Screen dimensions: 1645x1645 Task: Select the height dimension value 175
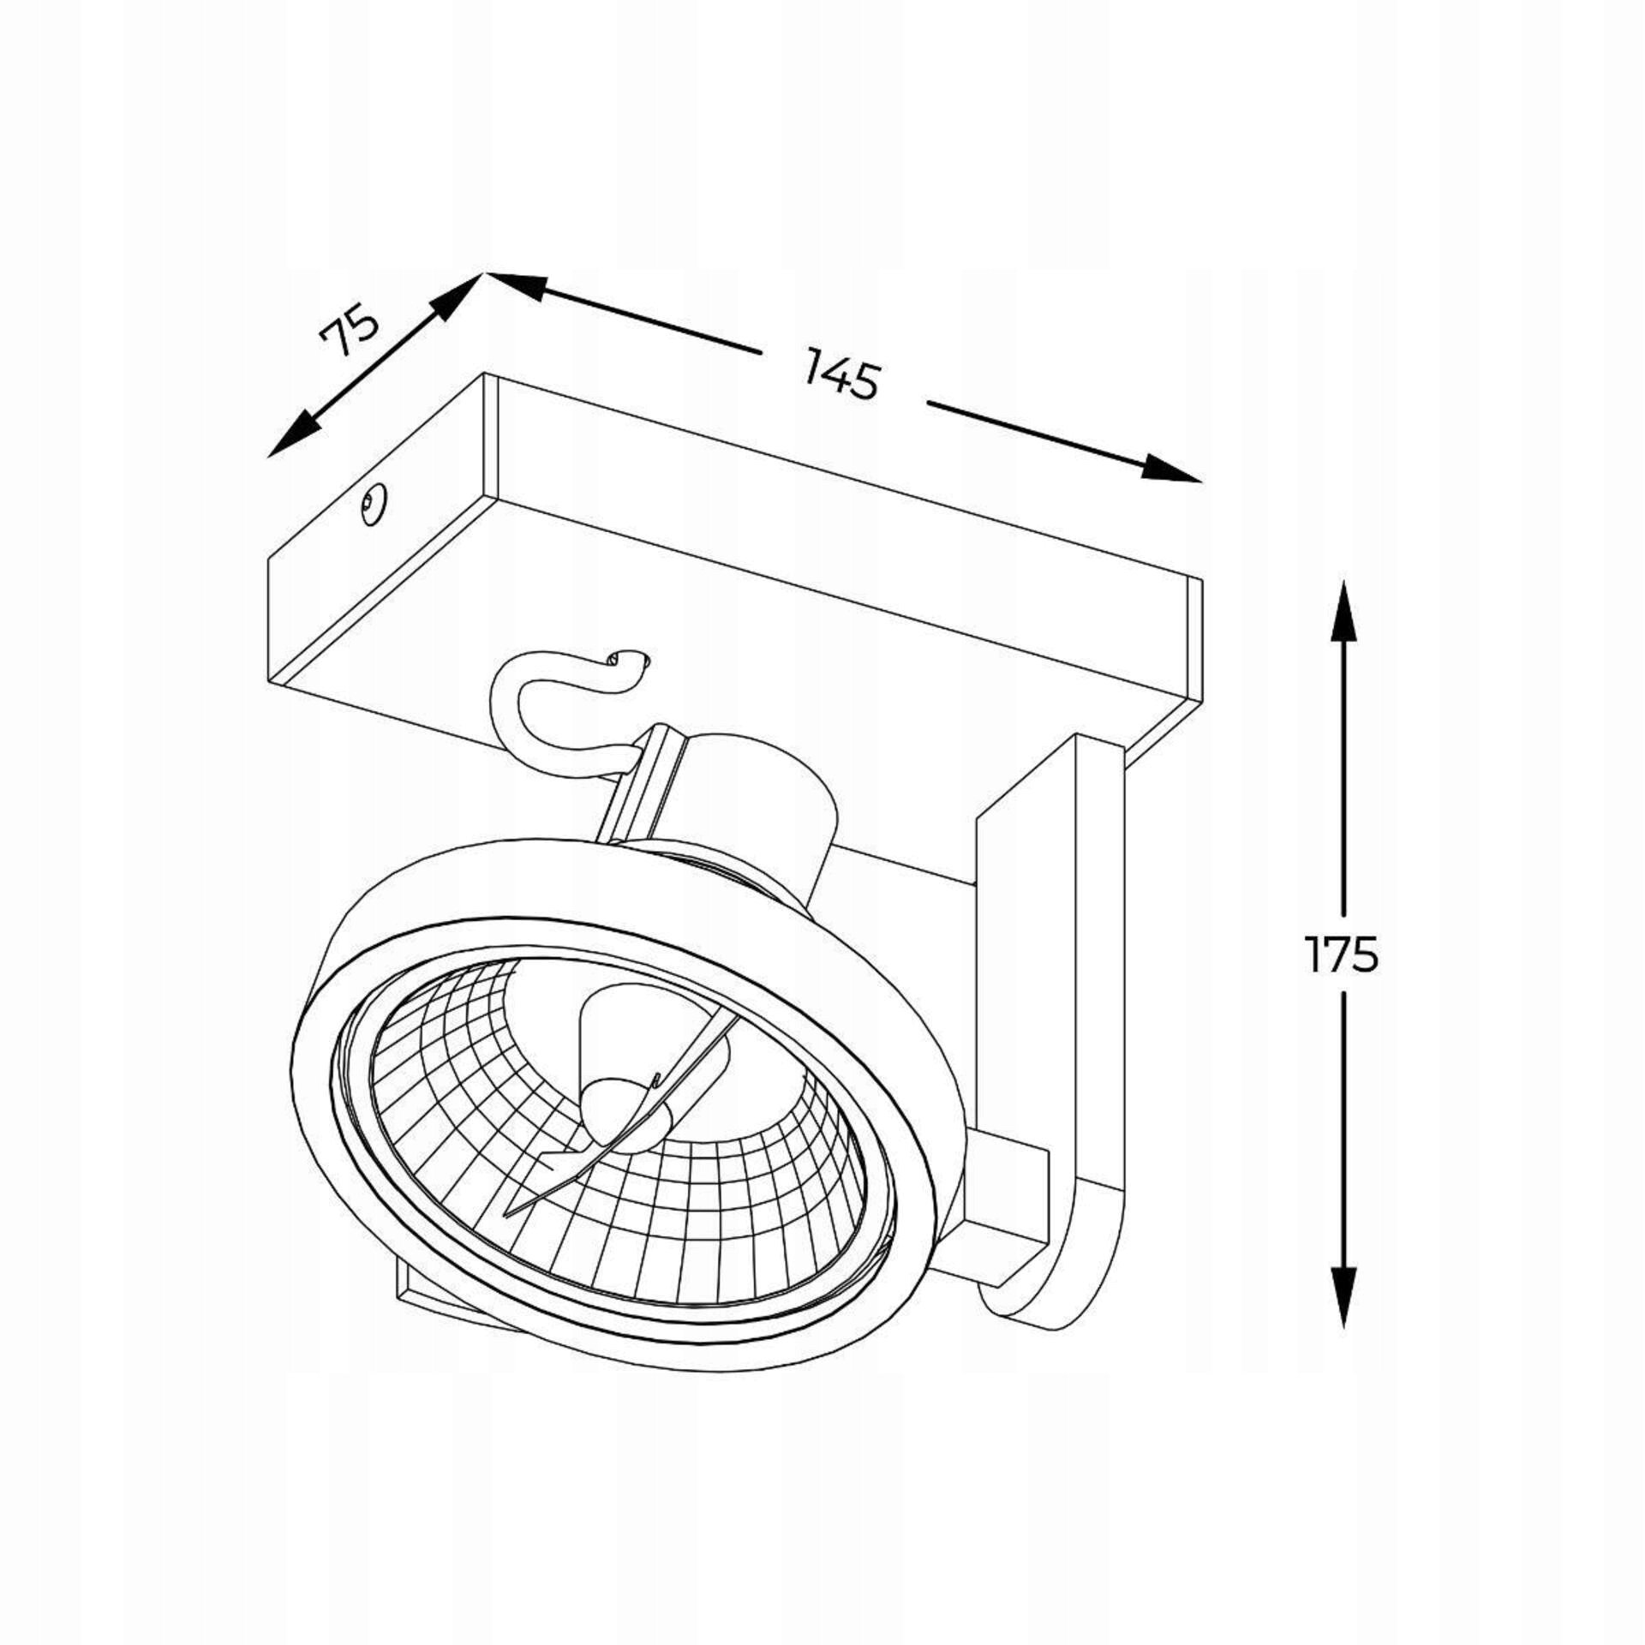pyautogui.click(x=1342, y=954)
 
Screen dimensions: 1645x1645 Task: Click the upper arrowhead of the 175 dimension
pyautogui.click(x=1343, y=610)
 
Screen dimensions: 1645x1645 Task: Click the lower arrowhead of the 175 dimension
pyautogui.click(x=1343, y=1297)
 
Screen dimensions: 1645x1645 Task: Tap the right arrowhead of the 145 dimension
pyautogui.click(x=1172, y=468)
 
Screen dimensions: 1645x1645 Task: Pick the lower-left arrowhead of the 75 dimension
pyautogui.click(x=290, y=435)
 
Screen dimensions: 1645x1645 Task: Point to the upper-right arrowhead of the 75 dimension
pyautogui.click(x=454, y=297)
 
